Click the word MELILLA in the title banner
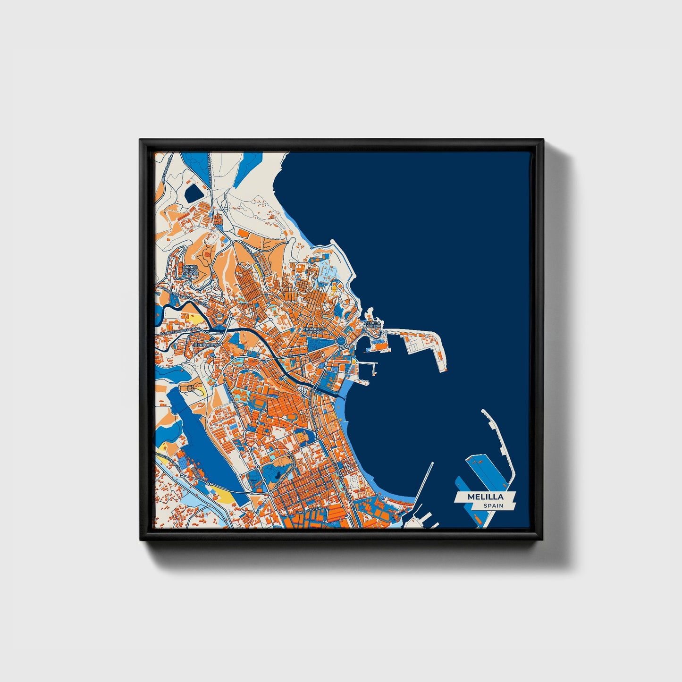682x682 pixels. coord(485,497)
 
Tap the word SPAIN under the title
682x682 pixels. coord(493,505)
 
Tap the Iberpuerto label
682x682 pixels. coord(207,345)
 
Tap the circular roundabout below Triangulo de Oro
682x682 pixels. coord(341,340)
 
